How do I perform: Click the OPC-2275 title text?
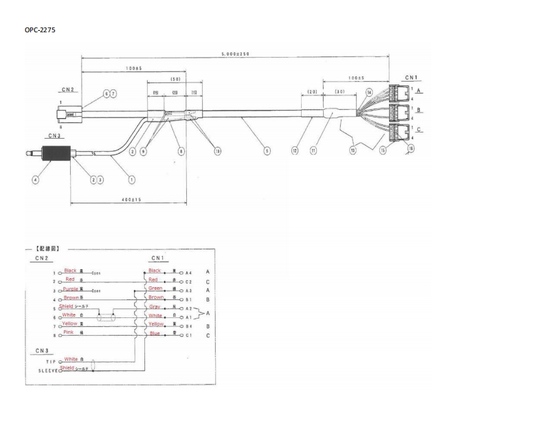coord(39,30)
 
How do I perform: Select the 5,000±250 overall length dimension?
coord(235,54)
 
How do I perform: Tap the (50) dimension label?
coord(175,79)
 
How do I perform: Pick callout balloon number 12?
coord(294,149)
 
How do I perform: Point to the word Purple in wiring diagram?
coord(71,289)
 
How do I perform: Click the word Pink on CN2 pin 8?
coord(69,332)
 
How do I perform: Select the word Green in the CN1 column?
coord(156,288)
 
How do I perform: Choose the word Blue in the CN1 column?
coord(154,332)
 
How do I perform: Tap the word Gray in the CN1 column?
coord(155,306)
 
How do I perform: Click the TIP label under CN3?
coord(50,361)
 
